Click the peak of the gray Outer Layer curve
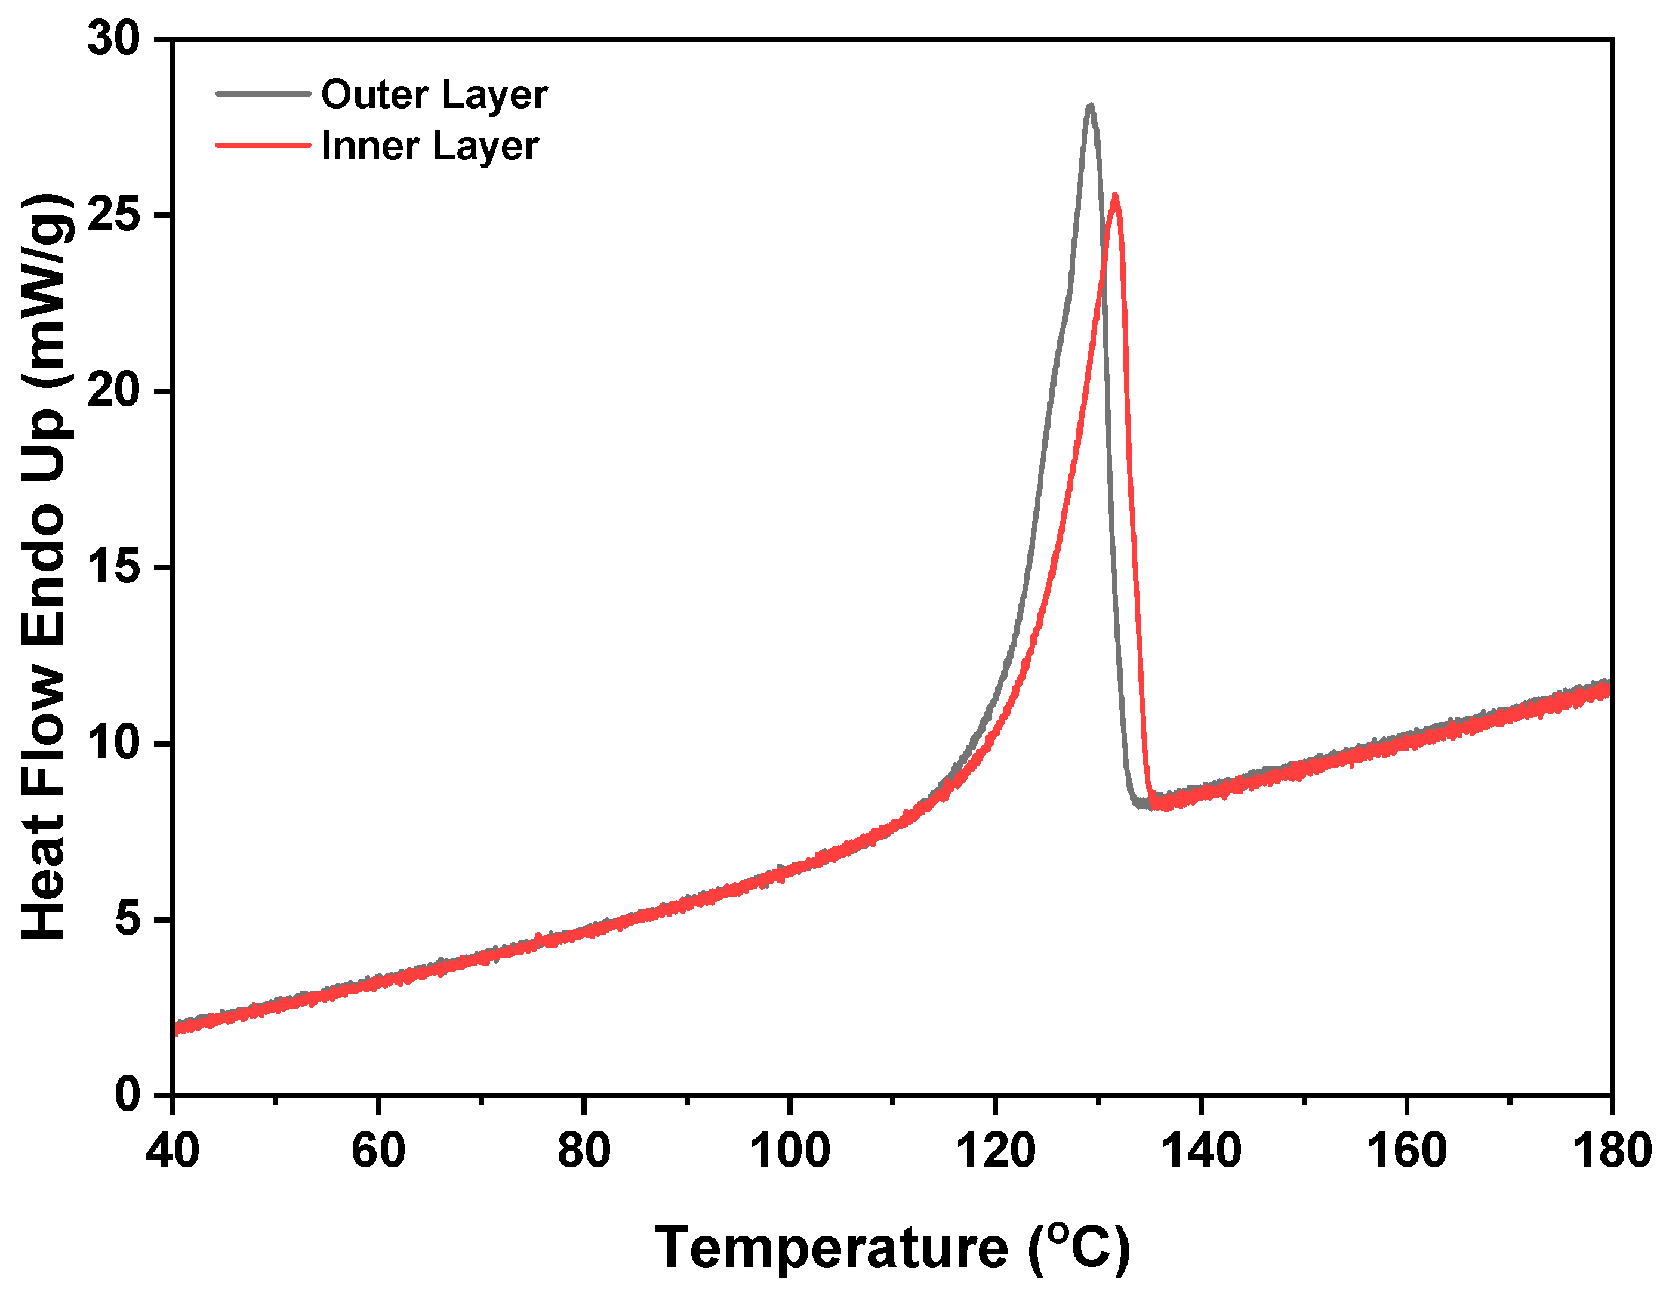pyautogui.click(x=1091, y=107)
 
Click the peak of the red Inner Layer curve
pyautogui.click(x=1115, y=196)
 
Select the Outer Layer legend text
pyautogui.click(x=434, y=95)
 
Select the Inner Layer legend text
pyautogui.click(x=429, y=146)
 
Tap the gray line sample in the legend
pyautogui.click(x=263, y=94)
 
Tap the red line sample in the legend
pyautogui.click(x=263, y=144)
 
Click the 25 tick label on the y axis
pyautogui.click(x=114, y=215)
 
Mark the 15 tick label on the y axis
pyautogui.click(x=114, y=568)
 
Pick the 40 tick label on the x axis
pyautogui.click(x=173, y=1151)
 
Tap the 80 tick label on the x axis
pyautogui.click(x=584, y=1151)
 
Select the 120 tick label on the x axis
pyautogui.click(x=995, y=1151)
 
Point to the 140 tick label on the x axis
pyautogui.click(x=1201, y=1151)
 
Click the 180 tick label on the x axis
pyautogui.click(x=1611, y=1151)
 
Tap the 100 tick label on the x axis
pyautogui.click(x=790, y=1151)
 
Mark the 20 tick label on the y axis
pyautogui.click(x=114, y=391)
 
